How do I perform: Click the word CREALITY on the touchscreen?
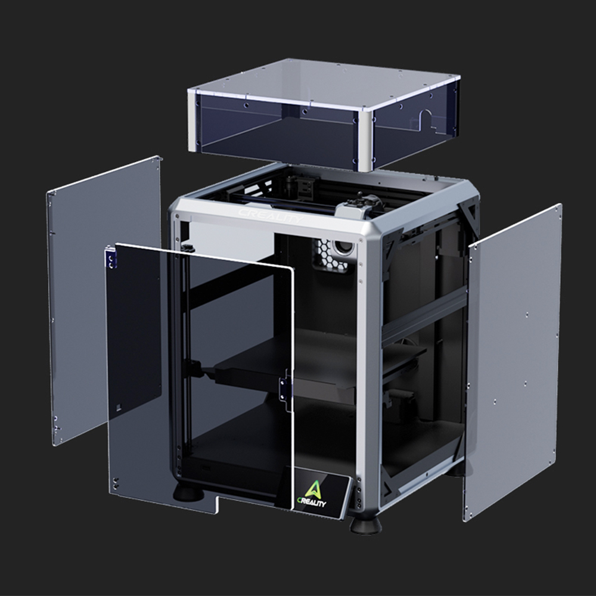[x=312, y=502]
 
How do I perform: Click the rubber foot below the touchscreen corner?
[x=365, y=524]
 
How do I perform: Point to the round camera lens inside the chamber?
[x=343, y=248]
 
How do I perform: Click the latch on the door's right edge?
[x=284, y=390]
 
